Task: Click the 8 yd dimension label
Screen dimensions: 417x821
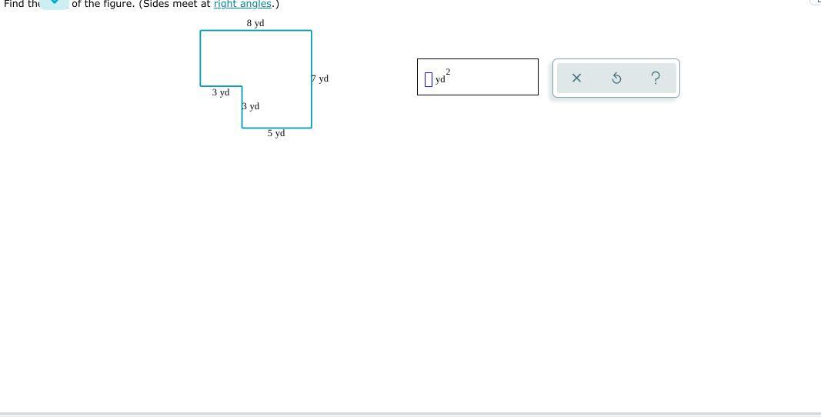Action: tap(255, 23)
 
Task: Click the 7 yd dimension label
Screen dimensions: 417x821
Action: tap(320, 78)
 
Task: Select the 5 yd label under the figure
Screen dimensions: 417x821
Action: tap(276, 133)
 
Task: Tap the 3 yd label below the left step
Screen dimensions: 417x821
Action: tap(221, 92)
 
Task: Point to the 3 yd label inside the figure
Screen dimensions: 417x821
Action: tap(251, 106)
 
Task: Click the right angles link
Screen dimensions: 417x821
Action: tap(242, 4)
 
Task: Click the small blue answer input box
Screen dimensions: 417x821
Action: tap(429, 79)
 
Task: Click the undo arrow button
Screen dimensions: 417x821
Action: tap(616, 78)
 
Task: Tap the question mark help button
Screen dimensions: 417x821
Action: tap(656, 78)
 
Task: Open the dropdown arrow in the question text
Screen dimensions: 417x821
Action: tap(55, 2)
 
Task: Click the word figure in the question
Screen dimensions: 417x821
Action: tap(118, 4)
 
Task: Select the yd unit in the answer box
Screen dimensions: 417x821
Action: tap(440, 79)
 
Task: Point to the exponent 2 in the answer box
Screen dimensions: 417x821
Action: tap(448, 72)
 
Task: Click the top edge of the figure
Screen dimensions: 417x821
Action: tap(255, 31)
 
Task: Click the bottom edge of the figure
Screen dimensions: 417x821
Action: tap(276, 128)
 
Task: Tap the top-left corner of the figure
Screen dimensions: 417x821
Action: tap(200, 31)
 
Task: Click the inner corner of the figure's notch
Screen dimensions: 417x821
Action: tap(242, 86)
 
